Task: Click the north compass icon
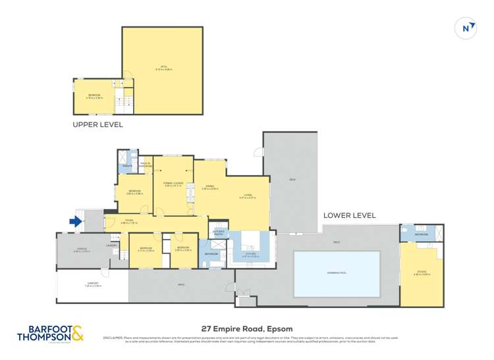click(x=466, y=28)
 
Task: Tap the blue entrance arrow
click(x=76, y=222)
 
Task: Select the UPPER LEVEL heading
click(x=97, y=124)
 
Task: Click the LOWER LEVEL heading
click(x=349, y=215)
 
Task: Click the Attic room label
click(x=161, y=67)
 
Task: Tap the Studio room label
click(x=422, y=273)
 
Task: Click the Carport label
click(x=92, y=285)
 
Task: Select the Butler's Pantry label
click(x=219, y=233)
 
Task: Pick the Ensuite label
click(x=126, y=167)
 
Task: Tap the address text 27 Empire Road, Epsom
click(x=246, y=329)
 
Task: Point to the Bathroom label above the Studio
click(x=421, y=234)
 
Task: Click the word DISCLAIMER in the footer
click(x=113, y=338)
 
